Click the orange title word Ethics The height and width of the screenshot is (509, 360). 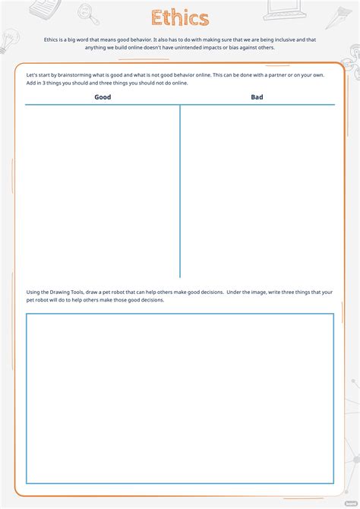point(180,18)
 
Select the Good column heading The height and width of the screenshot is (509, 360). point(103,97)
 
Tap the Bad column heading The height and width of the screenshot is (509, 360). point(257,97)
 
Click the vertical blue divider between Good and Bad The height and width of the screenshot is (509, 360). point(180,190)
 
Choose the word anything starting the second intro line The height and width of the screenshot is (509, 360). point(98,47)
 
